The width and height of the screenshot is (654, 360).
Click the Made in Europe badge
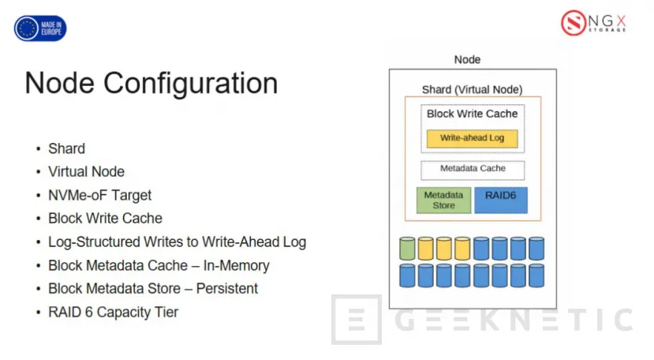coord(40,28)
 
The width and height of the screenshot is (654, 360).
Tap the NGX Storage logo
coord(593,22)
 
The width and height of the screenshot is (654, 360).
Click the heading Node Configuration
coord(151,83)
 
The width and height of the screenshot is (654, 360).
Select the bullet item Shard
coord(66,148)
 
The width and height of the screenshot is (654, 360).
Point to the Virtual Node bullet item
coord(86,171)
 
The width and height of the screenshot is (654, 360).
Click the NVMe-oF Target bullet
coord(99,195)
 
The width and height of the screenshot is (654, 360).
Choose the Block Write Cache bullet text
coord(105,219)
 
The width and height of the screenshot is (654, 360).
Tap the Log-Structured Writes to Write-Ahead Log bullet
coord(177,242)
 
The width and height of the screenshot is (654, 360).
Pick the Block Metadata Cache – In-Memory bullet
coord(159,265)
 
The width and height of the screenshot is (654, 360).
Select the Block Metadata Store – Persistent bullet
coord(153,288)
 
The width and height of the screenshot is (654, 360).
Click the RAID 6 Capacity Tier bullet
coord(113,312)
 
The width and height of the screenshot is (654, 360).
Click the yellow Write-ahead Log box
coord(472,138)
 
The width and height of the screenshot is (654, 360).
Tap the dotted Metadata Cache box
coord(472,169)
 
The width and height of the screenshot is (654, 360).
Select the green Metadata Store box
coord(443,201)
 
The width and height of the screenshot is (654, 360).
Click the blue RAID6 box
coord(501,200)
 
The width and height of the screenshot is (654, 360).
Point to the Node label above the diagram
coord(467,59)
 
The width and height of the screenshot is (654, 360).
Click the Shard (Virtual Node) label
coord(472,89)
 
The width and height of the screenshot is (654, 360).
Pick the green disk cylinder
coord(407,249)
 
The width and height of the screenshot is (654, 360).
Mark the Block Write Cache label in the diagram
coord(472,114)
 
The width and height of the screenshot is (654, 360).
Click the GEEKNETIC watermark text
coord(513,321)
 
